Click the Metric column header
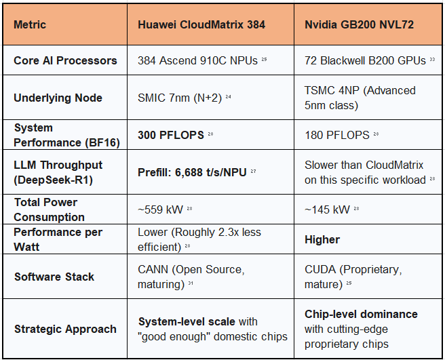coord(30,25)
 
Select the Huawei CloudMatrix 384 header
coord(201,25)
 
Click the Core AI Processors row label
coord(65,60)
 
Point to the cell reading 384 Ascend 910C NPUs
coord(197,60)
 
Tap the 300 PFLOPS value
coord(171,135)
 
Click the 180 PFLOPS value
coord(337,135)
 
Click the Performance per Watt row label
coord(58,239)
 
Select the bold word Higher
coord(322,239)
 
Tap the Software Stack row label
coord(54,277)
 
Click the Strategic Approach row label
coord(65,329)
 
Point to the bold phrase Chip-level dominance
coord(361,315)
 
